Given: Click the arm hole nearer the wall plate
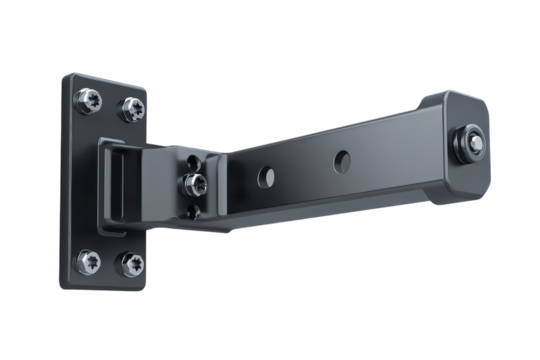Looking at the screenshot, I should (x=267, y=177).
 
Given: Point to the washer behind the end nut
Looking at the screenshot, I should (x=462, y=147).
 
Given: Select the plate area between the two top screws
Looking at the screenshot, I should (x=108, y=103).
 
